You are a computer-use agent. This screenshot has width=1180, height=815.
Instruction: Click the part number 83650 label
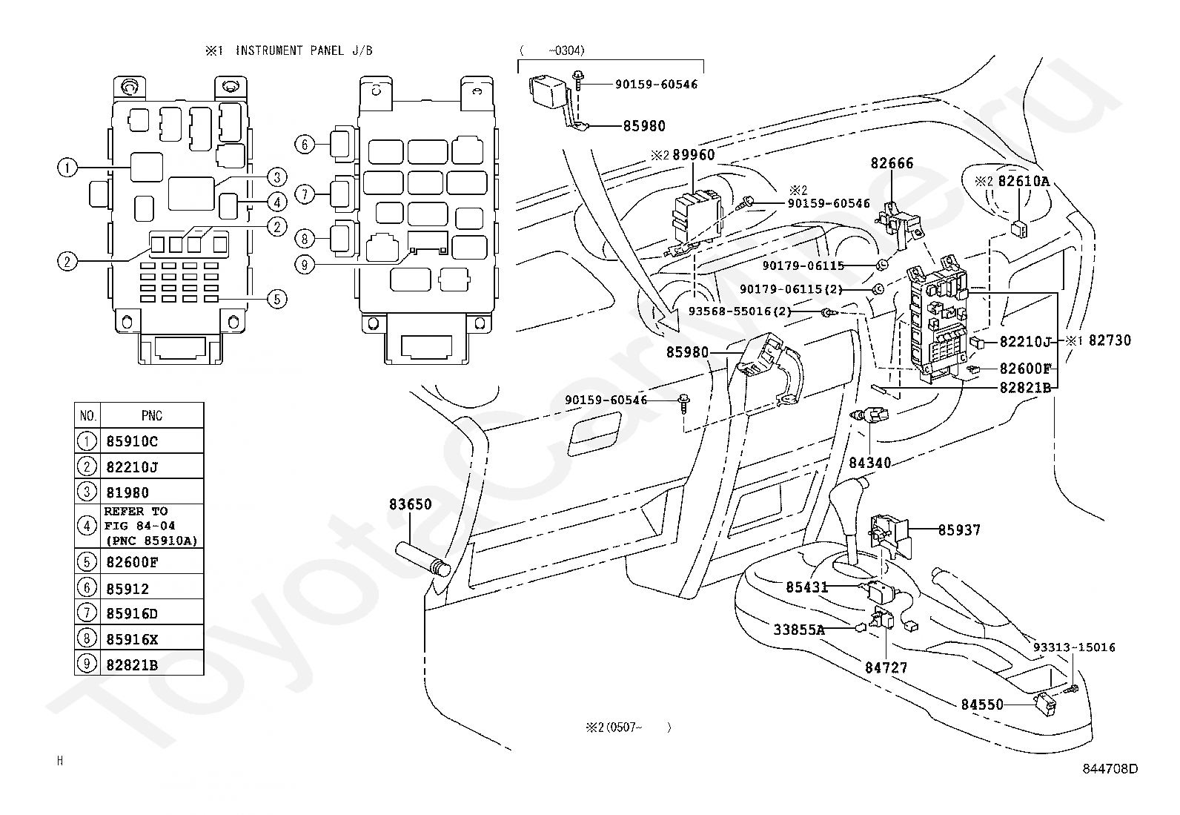410,504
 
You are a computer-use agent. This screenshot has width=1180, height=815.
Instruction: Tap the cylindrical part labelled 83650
423,559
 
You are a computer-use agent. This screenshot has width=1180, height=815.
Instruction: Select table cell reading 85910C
152,441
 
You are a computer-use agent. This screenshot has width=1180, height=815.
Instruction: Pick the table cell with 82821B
152,664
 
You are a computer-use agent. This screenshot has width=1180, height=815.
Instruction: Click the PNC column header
152,415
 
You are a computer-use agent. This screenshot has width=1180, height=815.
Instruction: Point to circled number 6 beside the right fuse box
305,144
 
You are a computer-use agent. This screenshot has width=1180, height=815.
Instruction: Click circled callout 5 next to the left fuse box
277,299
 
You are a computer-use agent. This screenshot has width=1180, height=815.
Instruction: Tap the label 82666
892,163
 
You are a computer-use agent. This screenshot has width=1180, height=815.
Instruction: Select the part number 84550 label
982,705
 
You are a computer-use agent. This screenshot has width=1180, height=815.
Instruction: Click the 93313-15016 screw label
1073,647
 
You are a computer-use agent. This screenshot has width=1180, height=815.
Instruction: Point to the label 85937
959,529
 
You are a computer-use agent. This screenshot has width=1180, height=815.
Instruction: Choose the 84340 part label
869,462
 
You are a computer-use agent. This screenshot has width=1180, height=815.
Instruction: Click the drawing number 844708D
1110,768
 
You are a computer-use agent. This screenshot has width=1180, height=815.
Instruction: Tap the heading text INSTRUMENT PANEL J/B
304,50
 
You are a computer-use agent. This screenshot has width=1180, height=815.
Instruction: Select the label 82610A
1024,181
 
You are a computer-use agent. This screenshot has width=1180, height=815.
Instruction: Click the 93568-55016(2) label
740,311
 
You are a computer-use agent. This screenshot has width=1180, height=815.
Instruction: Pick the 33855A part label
798,629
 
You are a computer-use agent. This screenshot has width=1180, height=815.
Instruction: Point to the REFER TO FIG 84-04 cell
152,526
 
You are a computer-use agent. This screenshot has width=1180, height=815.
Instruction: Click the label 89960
693,154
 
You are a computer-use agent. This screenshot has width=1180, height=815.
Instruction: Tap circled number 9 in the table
87,663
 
